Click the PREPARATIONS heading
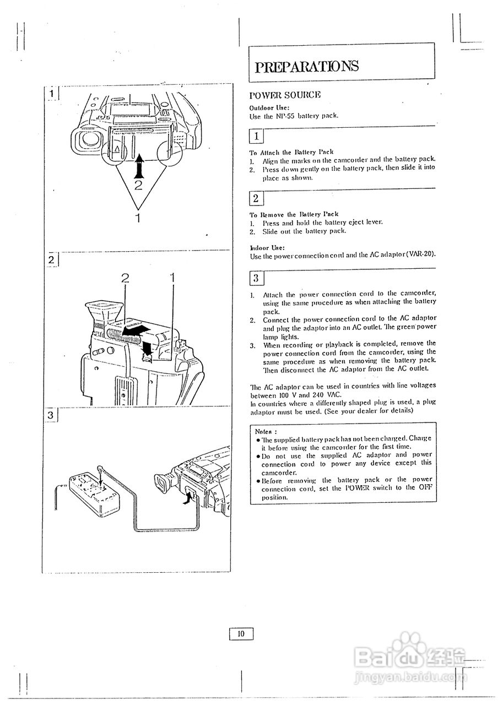coord(306,67)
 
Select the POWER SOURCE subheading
coord(285,95)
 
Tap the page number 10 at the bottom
coord(241,634)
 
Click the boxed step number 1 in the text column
coord(256,136)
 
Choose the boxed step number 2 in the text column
coord(256,198)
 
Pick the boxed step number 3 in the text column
coord(256,278)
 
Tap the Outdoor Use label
coord(269,108)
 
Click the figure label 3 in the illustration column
coord(50,415)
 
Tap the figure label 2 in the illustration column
coord(50,259)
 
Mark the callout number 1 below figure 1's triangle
coord(138,218)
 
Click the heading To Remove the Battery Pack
coord(294,214)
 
